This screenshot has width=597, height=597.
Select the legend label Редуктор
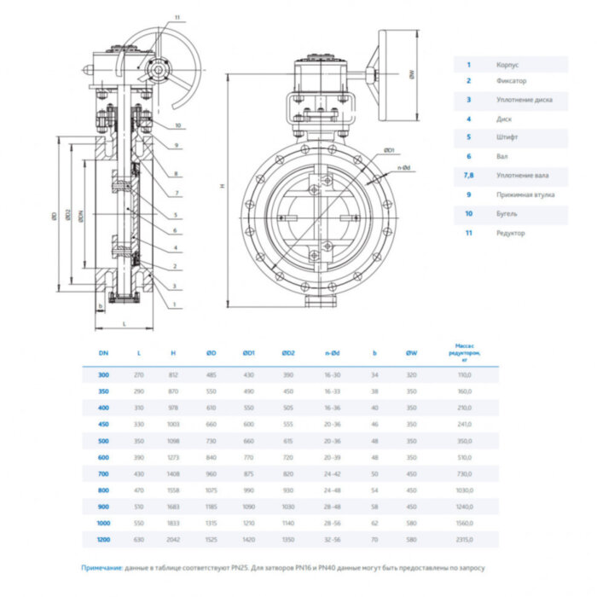pos(510,233)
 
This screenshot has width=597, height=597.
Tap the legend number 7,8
pos(467,176)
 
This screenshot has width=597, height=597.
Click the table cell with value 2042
pos(173,540)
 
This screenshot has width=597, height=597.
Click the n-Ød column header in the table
pos(332,351)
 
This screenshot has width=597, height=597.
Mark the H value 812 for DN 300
pos(173,374)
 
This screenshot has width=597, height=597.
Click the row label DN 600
pos(102,457)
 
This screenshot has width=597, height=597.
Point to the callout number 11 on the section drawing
pos(177,18)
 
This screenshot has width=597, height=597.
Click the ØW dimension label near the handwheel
pos(409,74)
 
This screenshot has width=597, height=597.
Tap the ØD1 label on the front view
pos(388,151)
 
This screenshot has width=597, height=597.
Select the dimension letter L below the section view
pos(125,324)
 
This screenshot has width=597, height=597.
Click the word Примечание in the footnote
pos(102,567)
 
